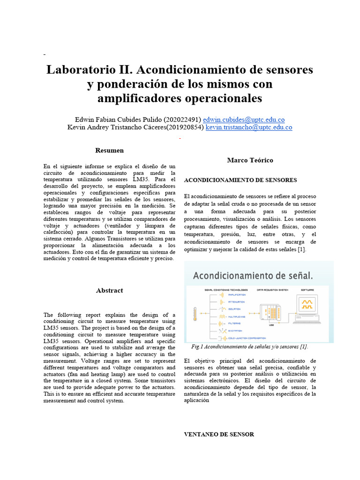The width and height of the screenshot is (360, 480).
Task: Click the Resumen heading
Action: [109, 150]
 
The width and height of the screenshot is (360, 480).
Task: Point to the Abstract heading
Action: [109, 291]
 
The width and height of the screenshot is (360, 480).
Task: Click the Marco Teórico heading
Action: [250, 160]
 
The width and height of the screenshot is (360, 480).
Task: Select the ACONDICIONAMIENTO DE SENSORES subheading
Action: [240, 180]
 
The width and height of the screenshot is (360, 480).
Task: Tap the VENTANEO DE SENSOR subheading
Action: [219, 435]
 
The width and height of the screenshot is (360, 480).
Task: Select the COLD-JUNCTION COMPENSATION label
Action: [247, 337]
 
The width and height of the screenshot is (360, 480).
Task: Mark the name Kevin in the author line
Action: [77, 127]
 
